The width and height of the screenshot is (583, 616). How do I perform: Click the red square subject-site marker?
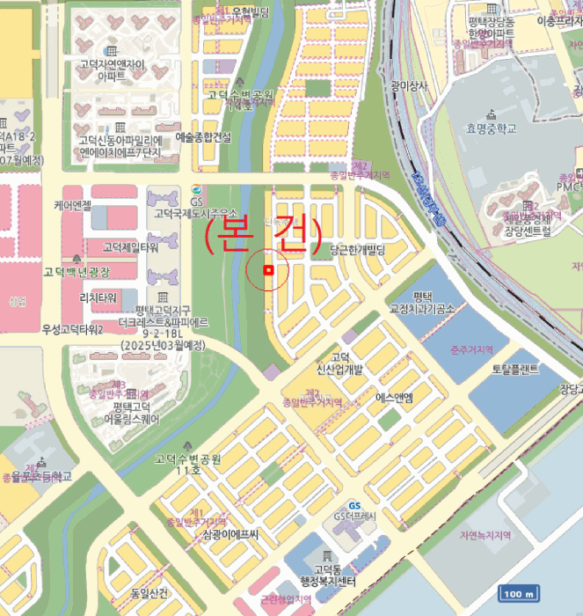coord(270,270)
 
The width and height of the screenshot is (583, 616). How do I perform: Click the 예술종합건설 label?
coord(203,137)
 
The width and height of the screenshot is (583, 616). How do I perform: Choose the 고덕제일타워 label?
coord(129,246)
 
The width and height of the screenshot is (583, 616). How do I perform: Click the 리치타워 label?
coord(98,297)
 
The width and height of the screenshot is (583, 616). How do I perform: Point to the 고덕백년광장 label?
coord(77,272)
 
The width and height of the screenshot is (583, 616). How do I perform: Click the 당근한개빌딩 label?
coord(358,251)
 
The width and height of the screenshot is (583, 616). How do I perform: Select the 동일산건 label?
coord(149,594)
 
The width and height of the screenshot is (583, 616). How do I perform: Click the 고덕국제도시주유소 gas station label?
coord(195,213)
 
